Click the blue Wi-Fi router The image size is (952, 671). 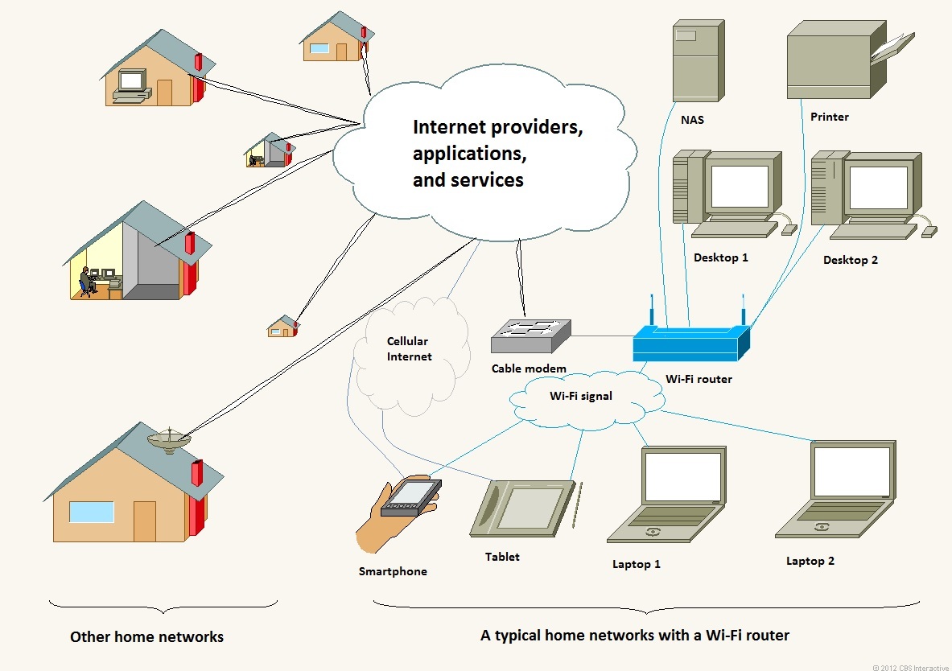[691, 343]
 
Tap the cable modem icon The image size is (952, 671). [530, 336]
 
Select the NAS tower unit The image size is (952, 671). [699, 60]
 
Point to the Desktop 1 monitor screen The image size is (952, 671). [740, 186]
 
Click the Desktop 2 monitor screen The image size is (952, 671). [878, 187]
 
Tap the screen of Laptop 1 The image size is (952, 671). [683, 476]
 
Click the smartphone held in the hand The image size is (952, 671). [411, 497]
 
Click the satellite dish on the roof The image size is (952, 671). [169, 439]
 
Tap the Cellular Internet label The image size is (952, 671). [410, 349]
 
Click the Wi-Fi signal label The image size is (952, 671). [581, 396]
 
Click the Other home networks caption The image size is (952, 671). [147, 637]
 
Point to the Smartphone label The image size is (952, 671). [393, 571]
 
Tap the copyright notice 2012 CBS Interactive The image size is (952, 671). [910, 667]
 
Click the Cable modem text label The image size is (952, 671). [529, 368]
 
